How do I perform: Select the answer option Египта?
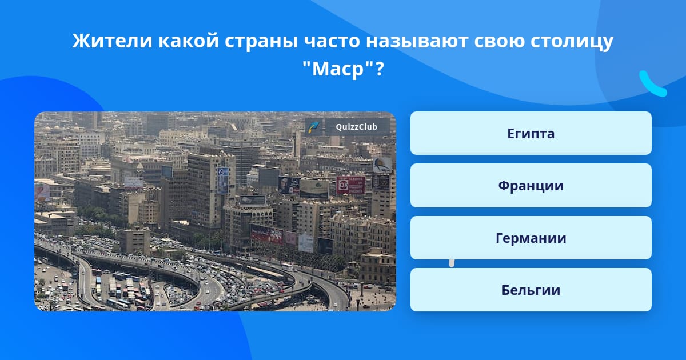coord(531,133)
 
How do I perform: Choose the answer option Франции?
coord(531,186)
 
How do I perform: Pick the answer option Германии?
coord(531,238)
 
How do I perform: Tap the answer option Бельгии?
coord(531,290)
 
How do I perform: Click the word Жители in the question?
coord(112,41)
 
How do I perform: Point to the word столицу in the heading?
coord(572,41)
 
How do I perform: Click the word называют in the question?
coord(417,41)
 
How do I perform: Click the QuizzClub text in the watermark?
coord(357,127)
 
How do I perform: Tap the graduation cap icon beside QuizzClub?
coord(314,127)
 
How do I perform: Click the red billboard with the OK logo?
coord(350,185)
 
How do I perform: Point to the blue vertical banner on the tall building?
coord(222,181)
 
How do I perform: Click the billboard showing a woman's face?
coord(289,185)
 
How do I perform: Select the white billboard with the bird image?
coord(382,165)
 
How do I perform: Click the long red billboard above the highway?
coord(267,234)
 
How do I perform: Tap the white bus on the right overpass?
coord(287,267)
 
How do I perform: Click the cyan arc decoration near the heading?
coord(652,84)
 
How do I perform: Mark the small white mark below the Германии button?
coord(452,263)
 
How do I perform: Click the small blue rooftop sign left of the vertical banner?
coord(167,171)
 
